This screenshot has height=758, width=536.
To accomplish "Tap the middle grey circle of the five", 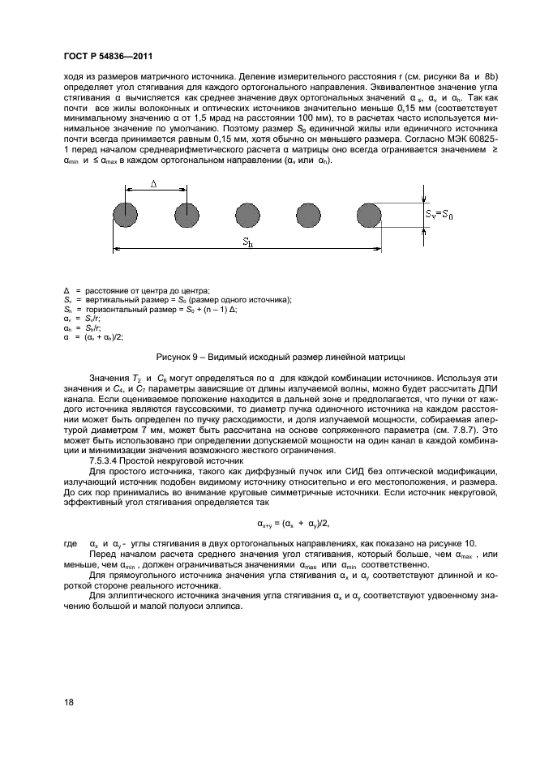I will [247, 216].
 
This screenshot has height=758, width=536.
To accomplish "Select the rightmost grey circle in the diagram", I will [368, 216].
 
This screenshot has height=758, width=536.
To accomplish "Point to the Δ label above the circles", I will [155, 185].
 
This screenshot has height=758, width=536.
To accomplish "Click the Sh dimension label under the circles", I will [246, 242].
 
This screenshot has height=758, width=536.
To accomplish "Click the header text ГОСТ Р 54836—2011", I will [108, 57].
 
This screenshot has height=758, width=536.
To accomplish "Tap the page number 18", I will [67, 702].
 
